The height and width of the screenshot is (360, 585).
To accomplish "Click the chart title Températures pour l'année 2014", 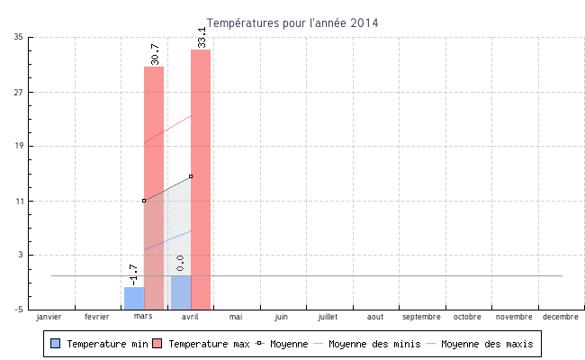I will pyautogui.click(x=292, y=22).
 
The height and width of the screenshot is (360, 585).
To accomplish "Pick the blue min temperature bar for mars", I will pyautogui.click(x=134, y=298).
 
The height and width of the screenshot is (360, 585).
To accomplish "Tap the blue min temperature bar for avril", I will pyautogui.click(x=181, y=292).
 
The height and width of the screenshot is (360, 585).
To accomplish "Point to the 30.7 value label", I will pyautogui.click(x=155, y=54).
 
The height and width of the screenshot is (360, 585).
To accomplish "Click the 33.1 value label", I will pyautogui.click(x=202, y=37).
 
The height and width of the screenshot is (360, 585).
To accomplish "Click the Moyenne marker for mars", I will pyautogui.click(x=144, y=201).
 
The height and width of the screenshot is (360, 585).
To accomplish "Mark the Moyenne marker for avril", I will pyautogui.click(x=191, y=176).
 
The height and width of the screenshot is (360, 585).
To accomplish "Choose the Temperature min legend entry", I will pyautogui.click(x=99, y=344).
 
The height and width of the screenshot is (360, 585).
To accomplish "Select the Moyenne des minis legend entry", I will pyautogui.click(x=367, y=344).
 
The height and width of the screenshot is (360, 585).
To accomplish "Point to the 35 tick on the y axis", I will pyautogui.click(x=19, y=37).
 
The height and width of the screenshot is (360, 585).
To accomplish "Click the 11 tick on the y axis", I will pyautogui.click(x=19, y=201).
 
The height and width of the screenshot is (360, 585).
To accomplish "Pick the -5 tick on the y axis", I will pyautogui.click(x=19, y=310).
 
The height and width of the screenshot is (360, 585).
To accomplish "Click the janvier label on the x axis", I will pyautogui.click(x=49, y=317).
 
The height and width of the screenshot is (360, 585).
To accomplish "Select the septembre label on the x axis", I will pyautogui.click(x=421, y=317).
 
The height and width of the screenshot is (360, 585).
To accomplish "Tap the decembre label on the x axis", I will pyautogui.click(x=561, y=317).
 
